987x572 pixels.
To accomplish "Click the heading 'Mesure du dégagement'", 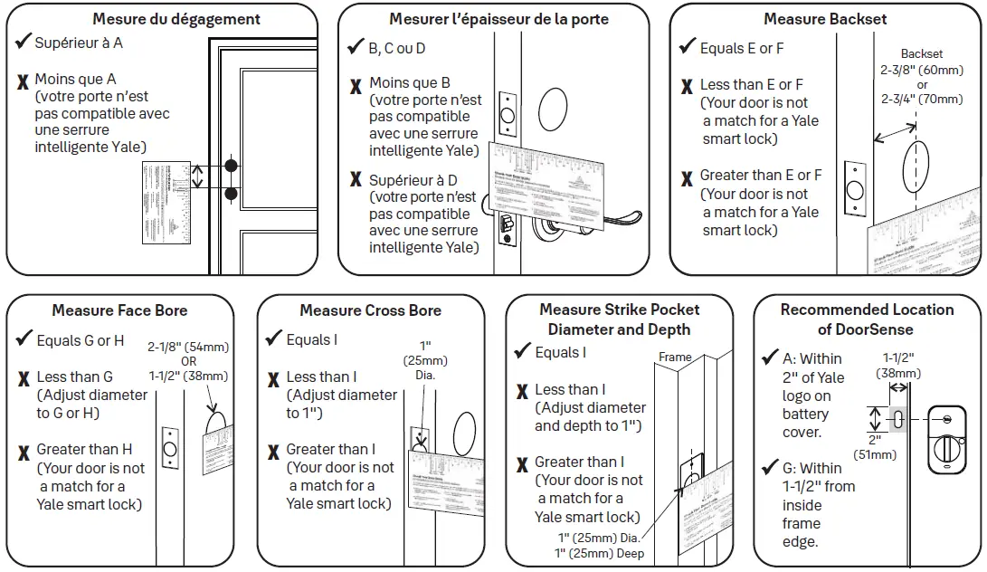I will click(x=176, y=19).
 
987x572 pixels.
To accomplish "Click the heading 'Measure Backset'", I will click(x=824, y=19).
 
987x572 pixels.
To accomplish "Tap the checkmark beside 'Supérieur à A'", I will click(x=24, y=42).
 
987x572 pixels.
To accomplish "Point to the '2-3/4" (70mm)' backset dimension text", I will click(x=921, y=100).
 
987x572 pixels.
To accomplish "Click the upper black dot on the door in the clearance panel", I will click(x=232, y=166).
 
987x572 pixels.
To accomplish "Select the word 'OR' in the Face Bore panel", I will click(x=189, y=361).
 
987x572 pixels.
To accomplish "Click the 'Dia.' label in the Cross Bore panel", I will click(x=425, y=375).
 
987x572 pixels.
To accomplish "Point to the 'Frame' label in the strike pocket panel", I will click(x=675, y=357).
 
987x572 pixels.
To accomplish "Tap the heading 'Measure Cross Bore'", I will click(x=370, y=310).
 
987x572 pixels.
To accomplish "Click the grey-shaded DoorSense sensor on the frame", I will click(x=899, y=420).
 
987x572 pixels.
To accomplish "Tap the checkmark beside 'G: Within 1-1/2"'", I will click(x=770, y=468).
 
